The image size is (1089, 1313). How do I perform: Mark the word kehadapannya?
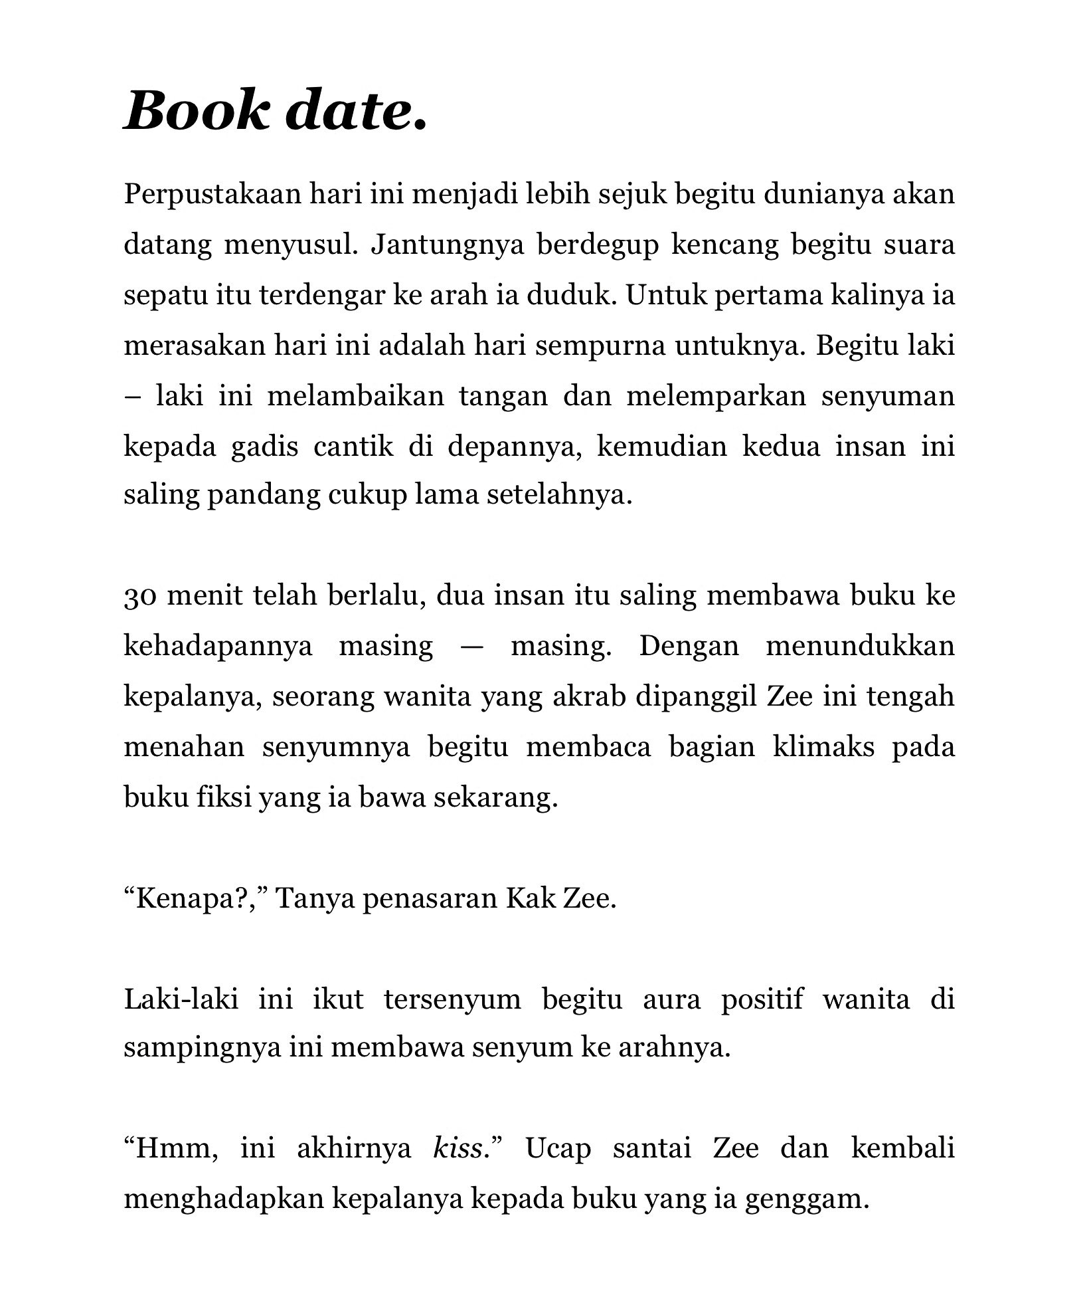coord(218,646)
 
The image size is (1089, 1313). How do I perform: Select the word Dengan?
coord(689,646)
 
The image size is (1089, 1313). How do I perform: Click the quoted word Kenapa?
coord(183,898)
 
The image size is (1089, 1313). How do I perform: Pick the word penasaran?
coord(430,898)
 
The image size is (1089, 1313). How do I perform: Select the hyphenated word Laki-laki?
coord(181,999)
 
